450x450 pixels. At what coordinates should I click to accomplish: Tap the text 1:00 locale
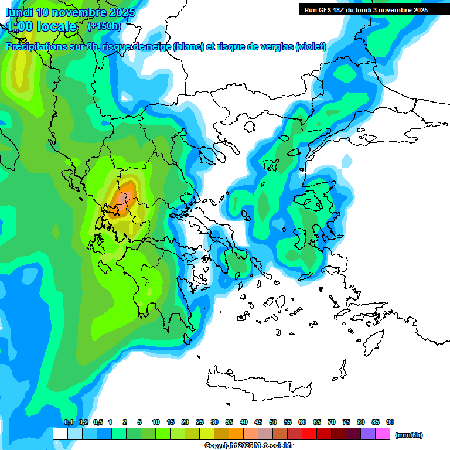pyautogui.click(x=42, y=26)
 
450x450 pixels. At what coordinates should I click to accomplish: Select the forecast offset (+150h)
pyautogui.click(x=104, y=26)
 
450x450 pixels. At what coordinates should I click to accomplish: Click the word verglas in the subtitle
pyautogui.click(x=274, y=47)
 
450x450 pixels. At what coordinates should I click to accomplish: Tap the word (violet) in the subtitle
pyautogui.click(x=311, y=47)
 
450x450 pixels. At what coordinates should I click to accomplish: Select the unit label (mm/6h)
pyautogui.click(x=408, y=435)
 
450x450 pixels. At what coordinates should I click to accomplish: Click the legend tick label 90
pyautogui.click(x=390, y=422)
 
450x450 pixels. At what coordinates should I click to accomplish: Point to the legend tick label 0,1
pyautogui.click(x=68, y=422)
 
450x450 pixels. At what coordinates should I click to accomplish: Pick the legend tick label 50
pyautogui.click(x=273, y=422)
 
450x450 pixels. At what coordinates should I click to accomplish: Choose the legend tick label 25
pyautogui.click(x=200, y=422)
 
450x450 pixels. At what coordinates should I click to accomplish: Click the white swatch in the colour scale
pyautogui.click(x=60, y=434)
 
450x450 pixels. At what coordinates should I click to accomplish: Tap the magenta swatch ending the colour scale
pyautogui.click(x=383, y=434)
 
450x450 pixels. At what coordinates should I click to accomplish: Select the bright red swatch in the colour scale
pyautogui.click(x=309, y=434)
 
